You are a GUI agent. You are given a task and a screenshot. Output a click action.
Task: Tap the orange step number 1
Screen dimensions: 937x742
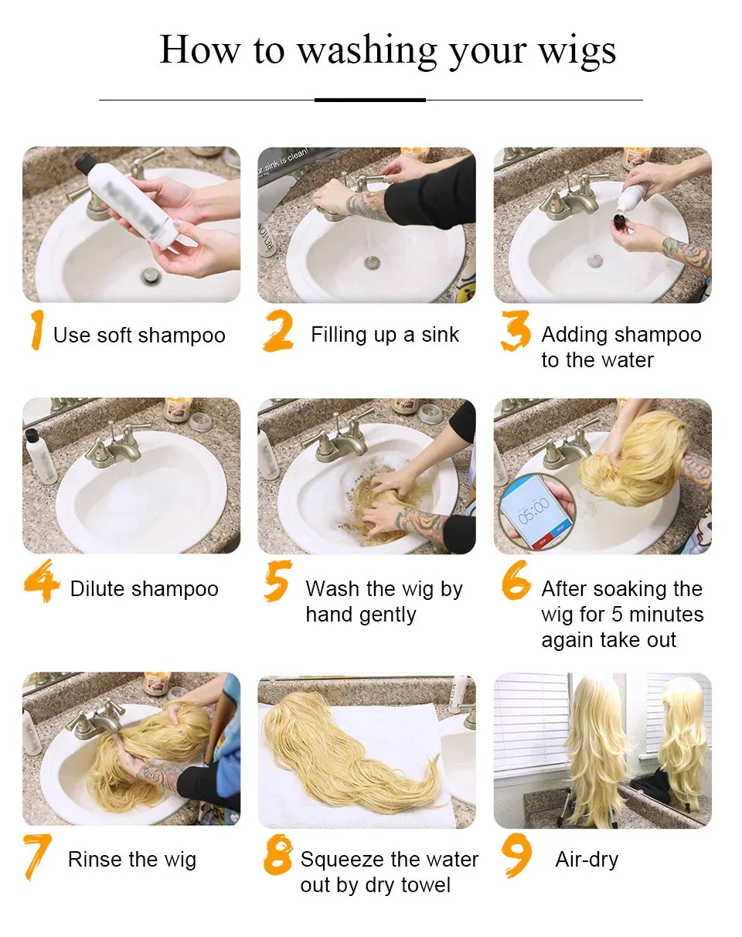tap(36, 331)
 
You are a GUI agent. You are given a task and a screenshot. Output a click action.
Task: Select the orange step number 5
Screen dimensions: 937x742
tap(277, 581)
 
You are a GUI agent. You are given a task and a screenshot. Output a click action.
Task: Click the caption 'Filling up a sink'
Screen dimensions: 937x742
tap(385, 335)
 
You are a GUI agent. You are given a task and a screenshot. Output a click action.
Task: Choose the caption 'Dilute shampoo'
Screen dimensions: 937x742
tap(145, 589)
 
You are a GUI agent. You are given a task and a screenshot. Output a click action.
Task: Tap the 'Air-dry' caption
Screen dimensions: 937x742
tap(587, 860)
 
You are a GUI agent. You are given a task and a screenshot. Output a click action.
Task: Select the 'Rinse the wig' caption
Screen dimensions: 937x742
tap(132, 860)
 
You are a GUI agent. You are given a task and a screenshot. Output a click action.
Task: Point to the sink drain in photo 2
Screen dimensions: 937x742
tap(372, 263)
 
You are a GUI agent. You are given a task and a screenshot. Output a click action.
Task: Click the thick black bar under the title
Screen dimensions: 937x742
tap(370, 100)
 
